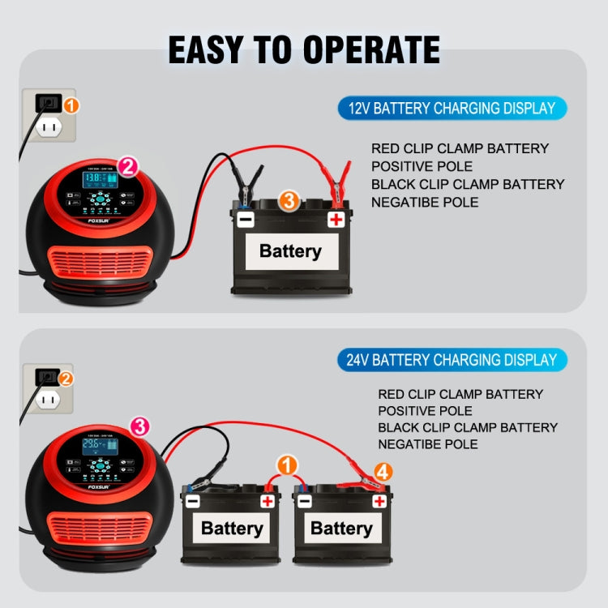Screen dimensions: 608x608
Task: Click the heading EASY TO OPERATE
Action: (304, 49)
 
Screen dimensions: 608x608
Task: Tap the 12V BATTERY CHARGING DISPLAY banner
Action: (452, 109)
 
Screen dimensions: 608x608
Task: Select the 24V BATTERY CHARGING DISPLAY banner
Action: (452, 360)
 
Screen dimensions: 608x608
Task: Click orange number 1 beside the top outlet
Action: (71, 105)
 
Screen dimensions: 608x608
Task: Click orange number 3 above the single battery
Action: (289, 200)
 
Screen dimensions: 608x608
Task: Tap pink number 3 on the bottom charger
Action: (139, 426)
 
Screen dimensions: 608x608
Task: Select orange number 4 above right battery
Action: (383, 471)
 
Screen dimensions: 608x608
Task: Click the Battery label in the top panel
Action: (289, 250)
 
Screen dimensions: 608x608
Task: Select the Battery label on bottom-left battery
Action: (232, 529)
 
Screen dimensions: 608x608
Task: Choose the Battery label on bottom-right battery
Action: (341, 529)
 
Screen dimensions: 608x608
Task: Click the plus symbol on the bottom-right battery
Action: (379, 501)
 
